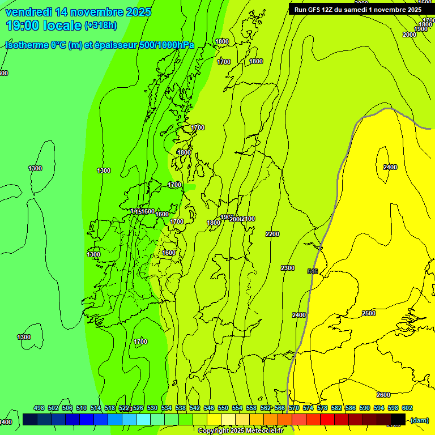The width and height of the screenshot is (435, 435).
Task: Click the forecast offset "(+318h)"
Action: [x=101, y=25]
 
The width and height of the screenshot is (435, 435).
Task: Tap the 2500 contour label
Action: [x=368, y=313]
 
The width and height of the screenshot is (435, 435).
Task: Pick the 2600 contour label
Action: [x=383, y=395]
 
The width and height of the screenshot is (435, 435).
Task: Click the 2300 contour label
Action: [x=288, y=268]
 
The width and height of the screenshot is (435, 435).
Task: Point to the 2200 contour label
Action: [x=272, y=234]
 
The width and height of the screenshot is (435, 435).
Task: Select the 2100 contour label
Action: [x=248, y=219]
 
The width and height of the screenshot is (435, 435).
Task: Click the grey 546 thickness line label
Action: [x=313, y=271]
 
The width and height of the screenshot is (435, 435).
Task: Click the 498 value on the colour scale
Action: [x=39, y=408]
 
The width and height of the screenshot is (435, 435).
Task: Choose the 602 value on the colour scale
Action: [x=407, y=408]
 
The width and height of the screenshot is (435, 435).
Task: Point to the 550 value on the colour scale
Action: [x=223, y=408]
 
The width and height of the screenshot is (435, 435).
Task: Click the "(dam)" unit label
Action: [x=419, y=420]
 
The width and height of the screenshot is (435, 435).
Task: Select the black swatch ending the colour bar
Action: [x=398, y=419]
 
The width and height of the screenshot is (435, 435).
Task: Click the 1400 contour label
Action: [x=6, y=422]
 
